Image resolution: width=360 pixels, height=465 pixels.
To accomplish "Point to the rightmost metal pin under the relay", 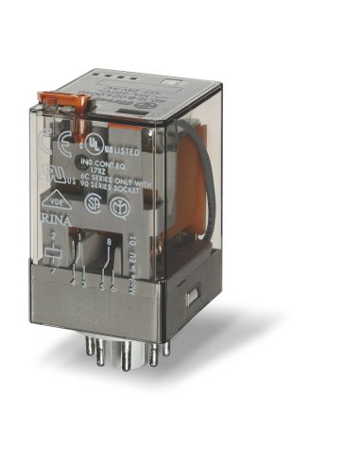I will [166, 347].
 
